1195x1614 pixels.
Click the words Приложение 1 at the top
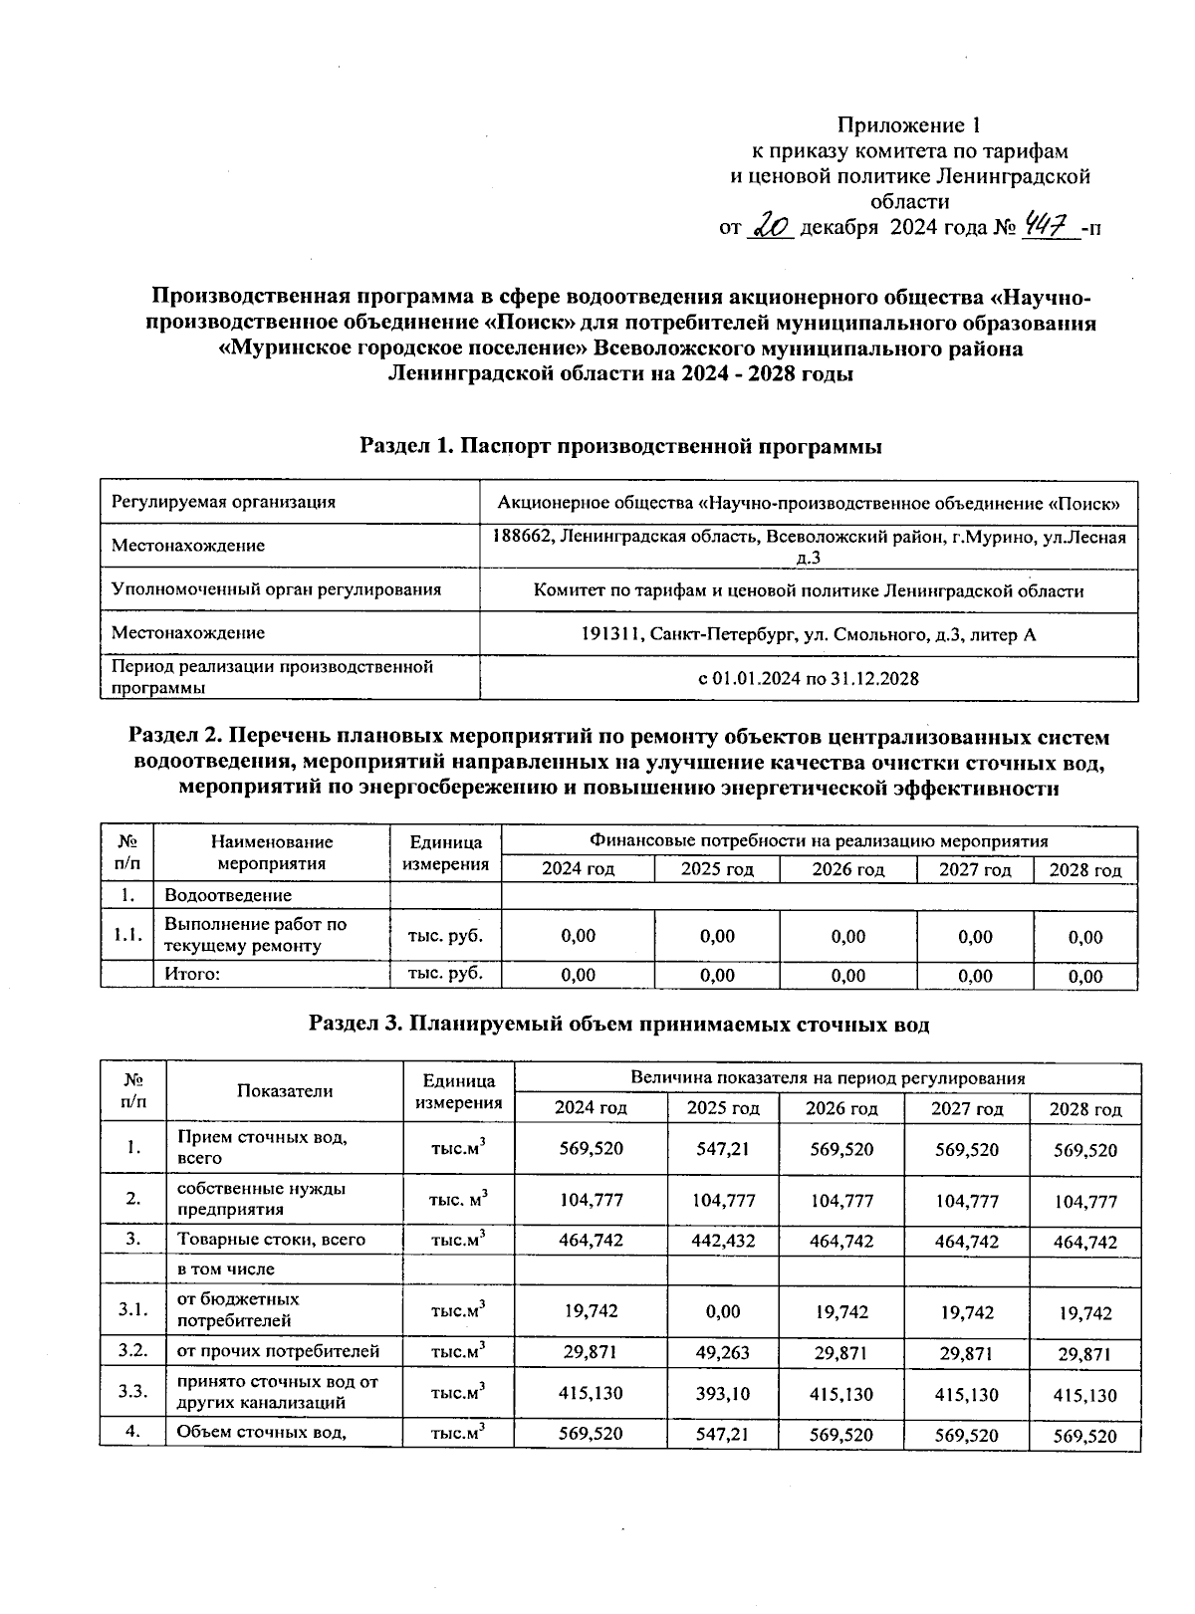click(x=908, y=125)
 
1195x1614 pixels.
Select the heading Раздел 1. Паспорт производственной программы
click(x=620, y=447)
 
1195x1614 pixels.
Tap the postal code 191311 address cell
click(x=808, y=634)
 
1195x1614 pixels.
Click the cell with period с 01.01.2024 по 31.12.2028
click(x=808, y=678)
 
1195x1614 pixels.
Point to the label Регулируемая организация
click(x=223, y=502)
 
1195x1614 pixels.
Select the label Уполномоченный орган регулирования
click(x=276, y=589)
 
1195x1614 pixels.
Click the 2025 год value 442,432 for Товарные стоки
click(x=723, y=1241)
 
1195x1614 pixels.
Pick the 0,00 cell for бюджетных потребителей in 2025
click(x=723, y=1311)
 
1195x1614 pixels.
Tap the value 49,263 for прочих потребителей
click(x=723, y=1352)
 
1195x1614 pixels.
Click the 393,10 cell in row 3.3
click(x=723, y=1394)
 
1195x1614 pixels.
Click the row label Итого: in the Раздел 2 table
click(x=191, y=975)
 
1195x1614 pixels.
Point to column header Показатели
click(x=285, y=1090)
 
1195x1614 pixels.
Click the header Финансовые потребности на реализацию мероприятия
click(x=819, y=841)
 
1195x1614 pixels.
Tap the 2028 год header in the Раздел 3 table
click(x=1085, y=1109)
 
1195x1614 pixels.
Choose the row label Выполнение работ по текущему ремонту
click(x=255, y=935)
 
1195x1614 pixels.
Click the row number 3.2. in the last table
click(x=132, y=1351)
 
